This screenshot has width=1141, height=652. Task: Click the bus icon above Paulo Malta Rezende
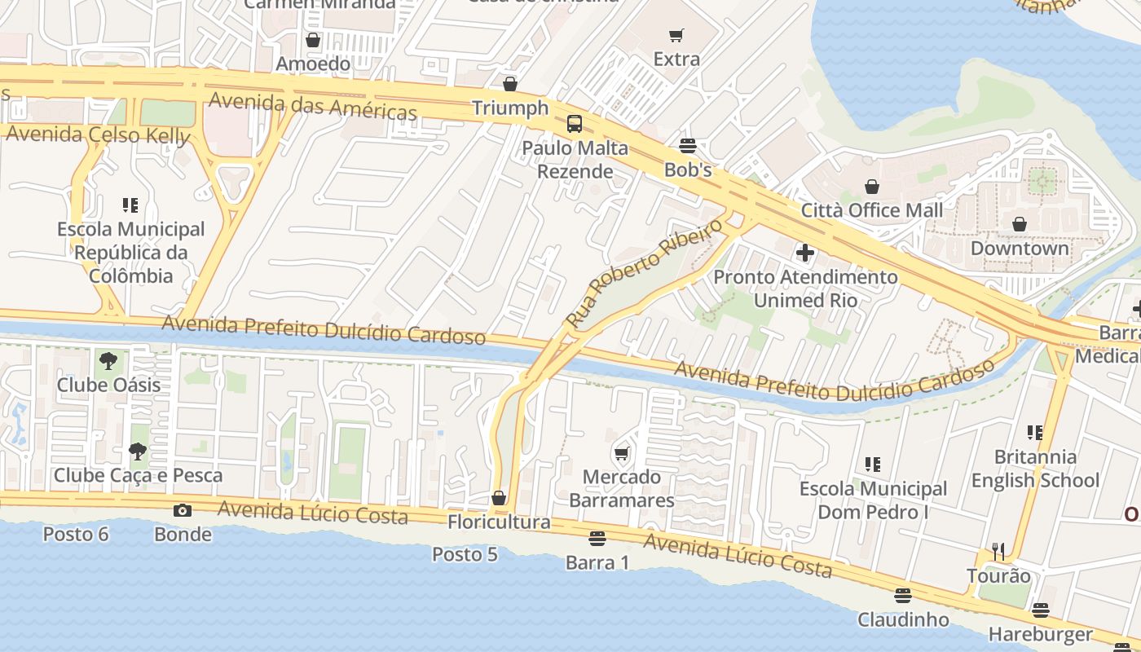575,124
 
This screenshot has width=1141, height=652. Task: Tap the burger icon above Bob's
688,146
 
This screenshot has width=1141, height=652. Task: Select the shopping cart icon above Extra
676,35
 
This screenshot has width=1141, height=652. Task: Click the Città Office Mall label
871,210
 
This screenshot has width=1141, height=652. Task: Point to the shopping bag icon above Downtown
1019,223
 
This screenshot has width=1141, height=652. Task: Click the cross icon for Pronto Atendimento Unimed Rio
805,253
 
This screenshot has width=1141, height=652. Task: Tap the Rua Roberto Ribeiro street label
643,273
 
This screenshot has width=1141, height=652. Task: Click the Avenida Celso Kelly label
98,134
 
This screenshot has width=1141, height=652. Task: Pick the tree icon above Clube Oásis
108,360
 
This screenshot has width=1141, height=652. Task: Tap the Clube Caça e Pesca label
138,474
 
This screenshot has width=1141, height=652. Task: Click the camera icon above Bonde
183,510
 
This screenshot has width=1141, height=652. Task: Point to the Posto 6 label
76,535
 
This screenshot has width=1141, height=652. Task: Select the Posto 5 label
465,554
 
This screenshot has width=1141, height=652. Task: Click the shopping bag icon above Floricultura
499,497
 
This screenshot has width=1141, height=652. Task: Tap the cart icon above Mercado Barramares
622,453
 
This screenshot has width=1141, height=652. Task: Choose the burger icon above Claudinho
902,595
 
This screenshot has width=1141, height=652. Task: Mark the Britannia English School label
1035,469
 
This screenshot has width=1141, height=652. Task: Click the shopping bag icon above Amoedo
313,39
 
